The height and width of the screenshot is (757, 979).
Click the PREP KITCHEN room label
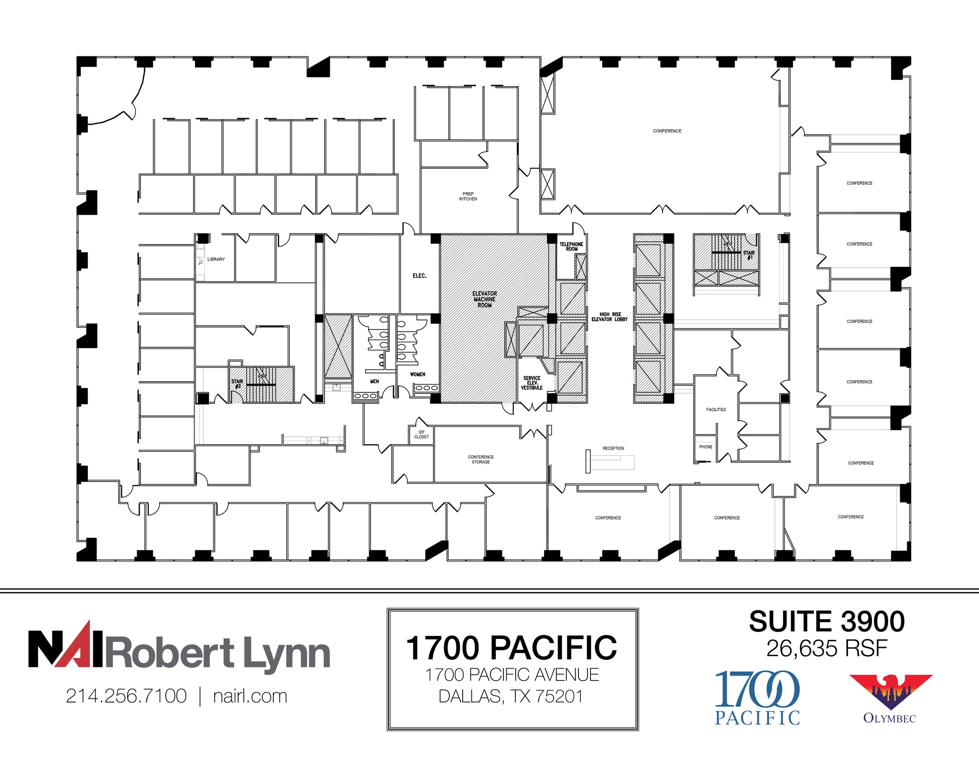pyautogui.click(x=468, y=197)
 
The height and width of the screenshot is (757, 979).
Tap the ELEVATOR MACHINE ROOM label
pyautogui.click(x=484, y=299)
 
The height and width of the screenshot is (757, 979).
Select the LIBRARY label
pyautogui.click(x=216, y=259)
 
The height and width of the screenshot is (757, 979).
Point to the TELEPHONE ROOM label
pyautogui.click(x=571, y=247)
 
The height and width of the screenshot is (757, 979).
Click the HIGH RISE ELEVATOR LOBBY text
pyautogui.click(x=609, y=317)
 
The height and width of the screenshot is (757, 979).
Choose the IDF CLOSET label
pyautogui.click(x=421, y=435)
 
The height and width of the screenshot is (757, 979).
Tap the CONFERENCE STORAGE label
pyautogui.click(x=480, y=460)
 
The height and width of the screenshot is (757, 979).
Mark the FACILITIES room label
pyautogui.click(x=716, y=410)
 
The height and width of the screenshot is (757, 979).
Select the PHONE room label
pyautogui.click(x=706, y=447)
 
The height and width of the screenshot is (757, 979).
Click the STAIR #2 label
pyautogui.click(x=237, y=384)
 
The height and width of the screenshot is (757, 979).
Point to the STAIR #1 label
pyautogui.click(x=749, y=255)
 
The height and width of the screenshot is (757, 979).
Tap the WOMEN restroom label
pyautogui.click(x=417, y=374)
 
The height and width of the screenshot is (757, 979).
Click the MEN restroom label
pyautogui.click(x=374, y=381)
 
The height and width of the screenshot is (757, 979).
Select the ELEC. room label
pyautogui.click(x=419, y=276)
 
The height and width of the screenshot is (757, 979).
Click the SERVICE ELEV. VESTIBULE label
pyautogui.click(x=532, y=383)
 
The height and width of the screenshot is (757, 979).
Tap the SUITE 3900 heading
pyautogui.click(x=827, y=622)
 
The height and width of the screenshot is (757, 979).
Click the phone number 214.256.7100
pyautogui.click(x=126, y=696)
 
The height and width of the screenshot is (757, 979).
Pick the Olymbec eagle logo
pyautogui.click(x=890, y=691)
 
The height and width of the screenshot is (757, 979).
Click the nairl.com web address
pyautogui.click(x=250, y=696)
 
